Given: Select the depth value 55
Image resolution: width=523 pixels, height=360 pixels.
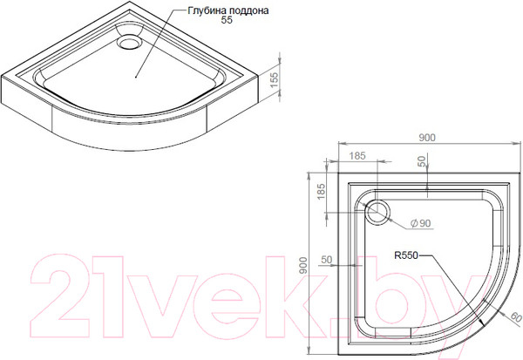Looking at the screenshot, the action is click(x=227, y=20).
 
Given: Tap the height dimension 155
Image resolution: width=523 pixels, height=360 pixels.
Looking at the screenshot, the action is click(x=273, y=80).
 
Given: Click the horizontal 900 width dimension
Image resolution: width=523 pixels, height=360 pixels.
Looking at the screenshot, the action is click(x=427, y=138).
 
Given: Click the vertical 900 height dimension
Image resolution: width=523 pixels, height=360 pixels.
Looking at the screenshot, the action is click(x=302, y=266).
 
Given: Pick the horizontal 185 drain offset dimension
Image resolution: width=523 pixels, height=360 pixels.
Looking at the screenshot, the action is click(x=357, y=156).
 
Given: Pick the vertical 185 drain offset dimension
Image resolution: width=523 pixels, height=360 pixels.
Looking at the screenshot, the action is click(x=321, y=192).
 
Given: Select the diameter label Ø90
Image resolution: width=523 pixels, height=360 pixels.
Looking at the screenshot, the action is click(x=421, y=223).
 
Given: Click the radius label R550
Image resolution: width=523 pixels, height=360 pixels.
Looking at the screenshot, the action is click(x=406, y=255).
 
